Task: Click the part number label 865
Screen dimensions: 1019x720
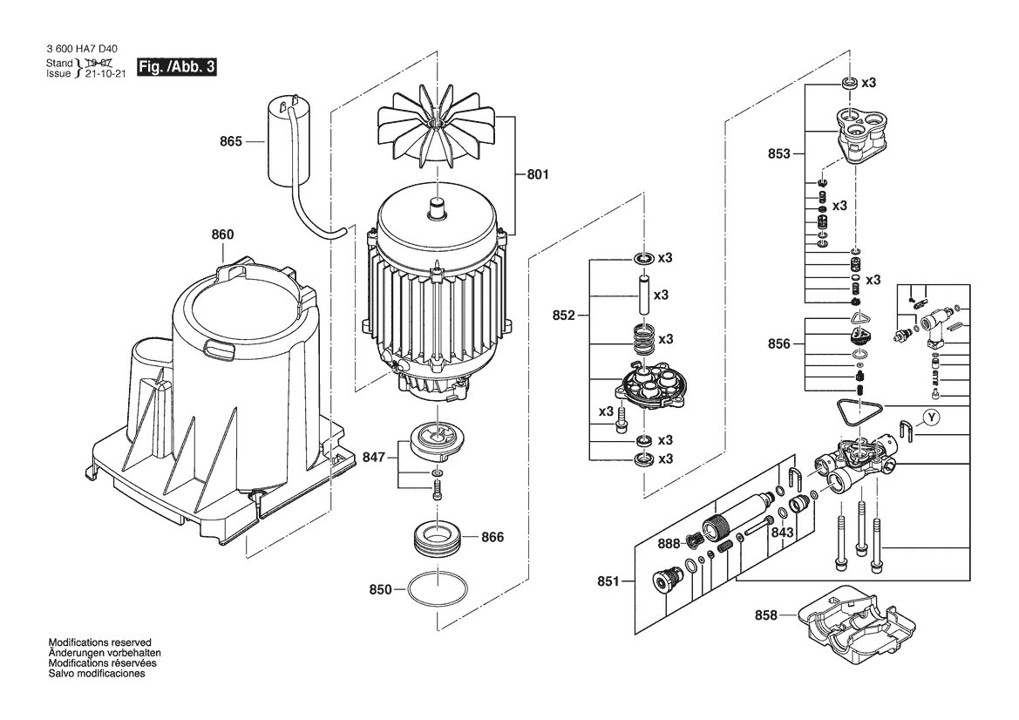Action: [x=230, y=141]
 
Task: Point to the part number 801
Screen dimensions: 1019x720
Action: [x=538, y=174]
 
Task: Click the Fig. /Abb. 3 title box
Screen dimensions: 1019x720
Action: [x=176, y=67]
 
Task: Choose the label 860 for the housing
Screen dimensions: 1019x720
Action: [x=222, y=234]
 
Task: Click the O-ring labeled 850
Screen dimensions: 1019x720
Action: [x=437, y=589]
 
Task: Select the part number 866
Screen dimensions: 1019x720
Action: [x=492, y=538]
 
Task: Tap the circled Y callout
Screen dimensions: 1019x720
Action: [x=932, y=418]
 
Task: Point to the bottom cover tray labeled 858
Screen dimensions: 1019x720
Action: [x=851, y=623]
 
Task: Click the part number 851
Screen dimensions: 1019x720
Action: [x=608, y=581]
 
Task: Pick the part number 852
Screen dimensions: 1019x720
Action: [x=563, y=316]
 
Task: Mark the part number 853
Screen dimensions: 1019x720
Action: [x=779, y=153]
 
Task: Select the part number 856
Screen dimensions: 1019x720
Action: [x=779, y=343]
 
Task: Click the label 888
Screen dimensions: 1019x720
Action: [x=668, y=544]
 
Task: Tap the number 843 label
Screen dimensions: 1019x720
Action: [x=783, y=533]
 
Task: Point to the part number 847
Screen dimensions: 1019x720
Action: [x=374, y=458]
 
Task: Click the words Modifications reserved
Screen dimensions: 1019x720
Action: [x=100, y=642]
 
